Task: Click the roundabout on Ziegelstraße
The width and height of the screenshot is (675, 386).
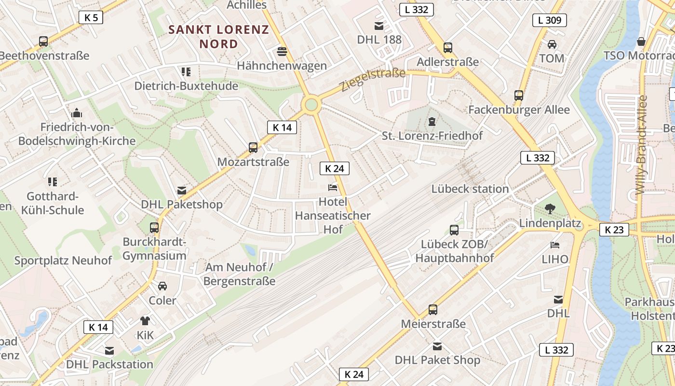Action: click(311, 104)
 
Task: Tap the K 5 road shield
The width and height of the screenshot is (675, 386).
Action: click(91, 18)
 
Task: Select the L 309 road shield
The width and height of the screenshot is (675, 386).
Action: click(549, 20)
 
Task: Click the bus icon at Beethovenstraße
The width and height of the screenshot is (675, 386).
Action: click(43, 41)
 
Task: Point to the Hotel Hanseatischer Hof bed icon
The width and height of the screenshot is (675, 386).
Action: click(333, 187)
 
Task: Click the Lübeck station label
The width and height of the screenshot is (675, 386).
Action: click(470, 189)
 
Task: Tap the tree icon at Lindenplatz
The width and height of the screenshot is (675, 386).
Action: click(549, 209)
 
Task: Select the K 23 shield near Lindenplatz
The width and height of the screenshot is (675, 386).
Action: click(614, 230)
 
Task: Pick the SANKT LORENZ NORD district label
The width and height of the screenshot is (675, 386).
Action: click(218, 37)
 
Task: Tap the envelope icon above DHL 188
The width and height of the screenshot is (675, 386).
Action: click(379, 26)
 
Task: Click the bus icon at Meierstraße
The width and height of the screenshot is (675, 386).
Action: click(433, 310)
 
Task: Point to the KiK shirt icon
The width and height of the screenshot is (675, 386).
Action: click(145, 320)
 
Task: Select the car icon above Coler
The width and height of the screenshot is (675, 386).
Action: click(162, 286)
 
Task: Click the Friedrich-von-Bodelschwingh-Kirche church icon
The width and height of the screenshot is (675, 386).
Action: click(76, 113)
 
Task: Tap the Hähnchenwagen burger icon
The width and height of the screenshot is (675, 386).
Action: click(282, 51)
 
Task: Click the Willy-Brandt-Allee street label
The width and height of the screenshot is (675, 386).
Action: click(641, 145)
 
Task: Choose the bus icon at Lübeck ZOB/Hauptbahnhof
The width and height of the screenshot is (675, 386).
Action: click(454, 230)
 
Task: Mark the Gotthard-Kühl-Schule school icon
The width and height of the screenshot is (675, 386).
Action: click(53, 182)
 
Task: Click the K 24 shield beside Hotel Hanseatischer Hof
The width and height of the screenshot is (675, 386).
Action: click(334, 168)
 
